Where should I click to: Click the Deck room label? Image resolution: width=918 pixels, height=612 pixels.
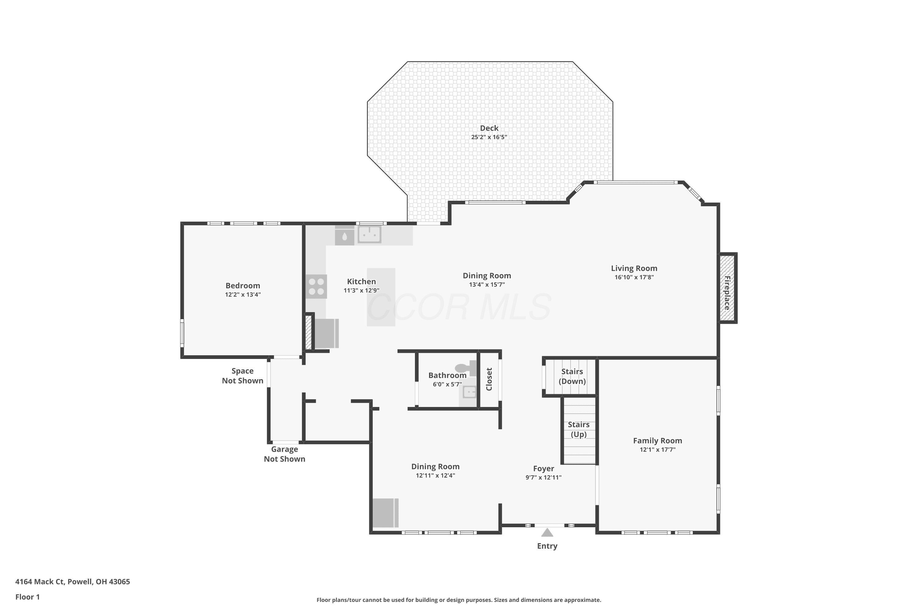489,128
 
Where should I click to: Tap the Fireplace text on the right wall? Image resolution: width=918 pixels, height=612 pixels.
727,293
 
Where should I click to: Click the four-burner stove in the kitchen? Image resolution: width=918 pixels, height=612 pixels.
316,286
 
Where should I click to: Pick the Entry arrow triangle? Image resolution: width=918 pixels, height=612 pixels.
547,532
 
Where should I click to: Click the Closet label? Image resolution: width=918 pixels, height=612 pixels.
489,379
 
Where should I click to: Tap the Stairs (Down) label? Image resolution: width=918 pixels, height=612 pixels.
572,376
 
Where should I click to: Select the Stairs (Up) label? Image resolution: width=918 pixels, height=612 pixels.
578,429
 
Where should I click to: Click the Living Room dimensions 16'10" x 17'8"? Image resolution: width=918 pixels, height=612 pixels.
634,278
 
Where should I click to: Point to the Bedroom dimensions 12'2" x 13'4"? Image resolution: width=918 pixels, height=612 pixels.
243,295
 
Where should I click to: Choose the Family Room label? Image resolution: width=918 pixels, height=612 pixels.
657,441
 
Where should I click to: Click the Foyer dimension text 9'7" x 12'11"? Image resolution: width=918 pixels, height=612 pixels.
543,477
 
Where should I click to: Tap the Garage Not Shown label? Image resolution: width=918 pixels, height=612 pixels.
285,454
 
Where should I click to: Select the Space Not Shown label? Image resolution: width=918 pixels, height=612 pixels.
242,375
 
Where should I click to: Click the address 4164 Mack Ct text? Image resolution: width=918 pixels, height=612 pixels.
39,582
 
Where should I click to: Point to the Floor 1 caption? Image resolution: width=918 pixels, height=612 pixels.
27,597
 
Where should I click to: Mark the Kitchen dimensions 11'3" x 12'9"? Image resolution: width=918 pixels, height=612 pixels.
361,290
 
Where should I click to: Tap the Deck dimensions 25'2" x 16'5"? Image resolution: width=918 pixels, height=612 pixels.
489,137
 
